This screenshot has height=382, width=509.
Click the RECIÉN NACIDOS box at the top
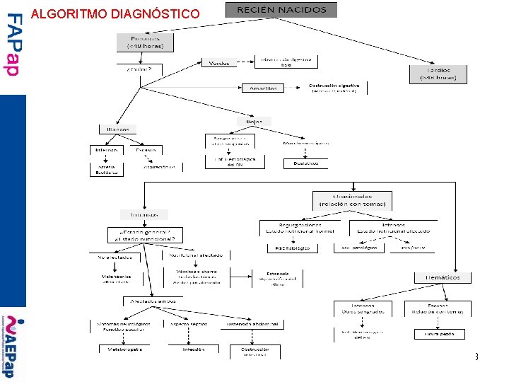(x=281, y=10)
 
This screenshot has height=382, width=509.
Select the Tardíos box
(x=438, y=74)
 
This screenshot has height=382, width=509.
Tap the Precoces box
(x=144, y=42)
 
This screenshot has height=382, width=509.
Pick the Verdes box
(x=219, y=63)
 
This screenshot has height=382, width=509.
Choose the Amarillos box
(x=263, y=88)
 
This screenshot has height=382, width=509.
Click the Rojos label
(x=255, y=122)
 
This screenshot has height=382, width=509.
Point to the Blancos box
(x=118, y=129)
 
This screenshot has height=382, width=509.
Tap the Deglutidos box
(x=305, y=163)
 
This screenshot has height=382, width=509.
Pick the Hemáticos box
(x=442, y=277)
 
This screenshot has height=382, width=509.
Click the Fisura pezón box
(x=439, y=334)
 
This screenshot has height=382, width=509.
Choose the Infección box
(x=193, y=349)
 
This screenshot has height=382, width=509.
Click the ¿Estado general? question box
(x=145, y=234)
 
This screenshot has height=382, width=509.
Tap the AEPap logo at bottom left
(x=13, y=347)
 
